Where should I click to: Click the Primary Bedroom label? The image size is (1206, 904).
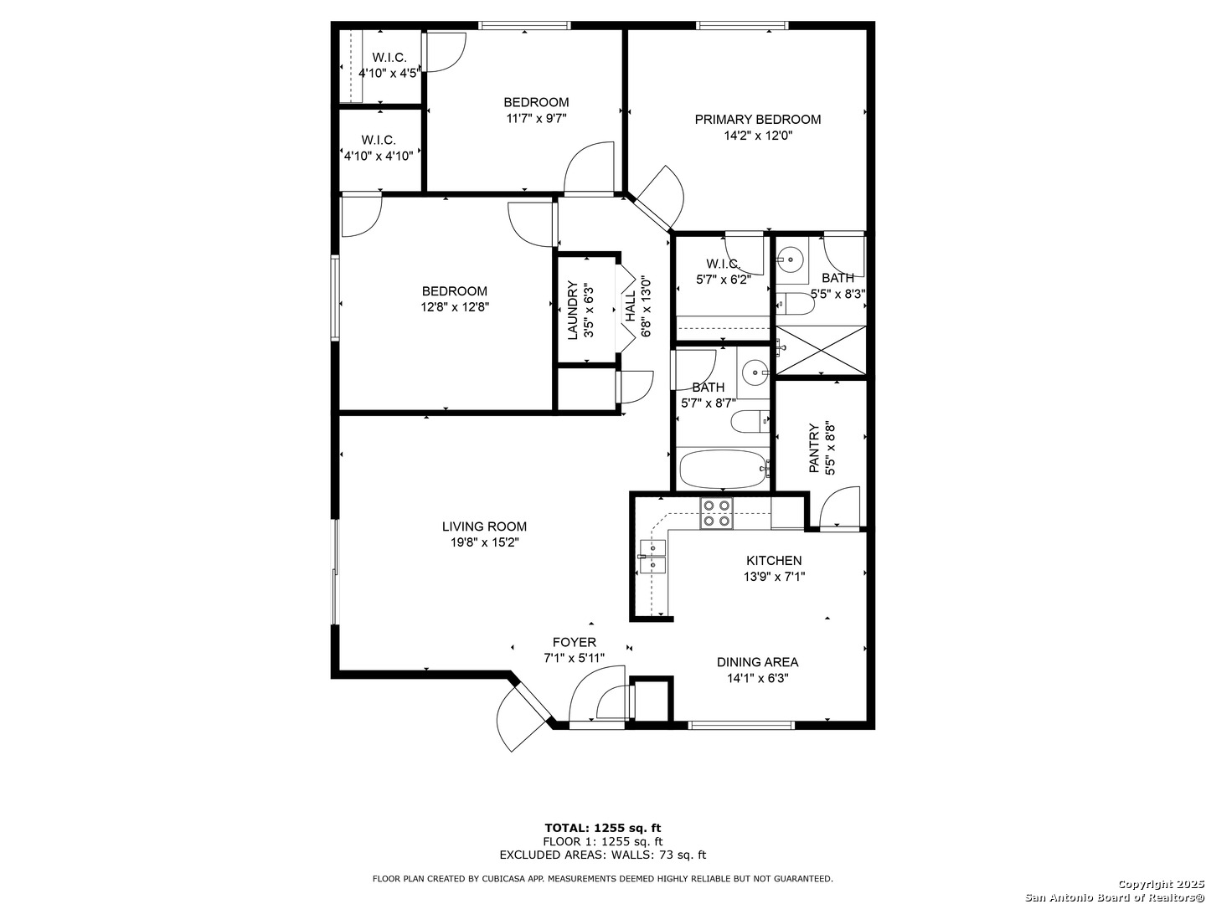tap(757, 119)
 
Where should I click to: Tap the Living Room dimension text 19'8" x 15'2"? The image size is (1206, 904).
tap(484, 542)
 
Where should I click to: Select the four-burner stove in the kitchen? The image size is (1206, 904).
tap(716, 513)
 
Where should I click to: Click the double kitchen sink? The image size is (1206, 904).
tap(652, 556)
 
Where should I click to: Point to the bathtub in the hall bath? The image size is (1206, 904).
tap(722, 470)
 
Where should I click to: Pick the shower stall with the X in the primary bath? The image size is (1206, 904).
tap(821, 350)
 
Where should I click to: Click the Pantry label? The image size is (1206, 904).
tap(814, 448)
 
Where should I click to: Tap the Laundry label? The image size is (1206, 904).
tap(572, 310)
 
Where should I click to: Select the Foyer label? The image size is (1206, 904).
tap(575, 642)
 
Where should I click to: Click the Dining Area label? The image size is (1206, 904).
tap(757, 662)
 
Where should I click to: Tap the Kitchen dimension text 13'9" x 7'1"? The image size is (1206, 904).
tap(774, 577)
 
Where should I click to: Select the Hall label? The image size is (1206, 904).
tap(630, 306)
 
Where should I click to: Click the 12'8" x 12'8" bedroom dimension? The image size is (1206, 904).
tap(455, 307)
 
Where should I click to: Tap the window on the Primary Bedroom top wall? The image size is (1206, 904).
tap(742, 25)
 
